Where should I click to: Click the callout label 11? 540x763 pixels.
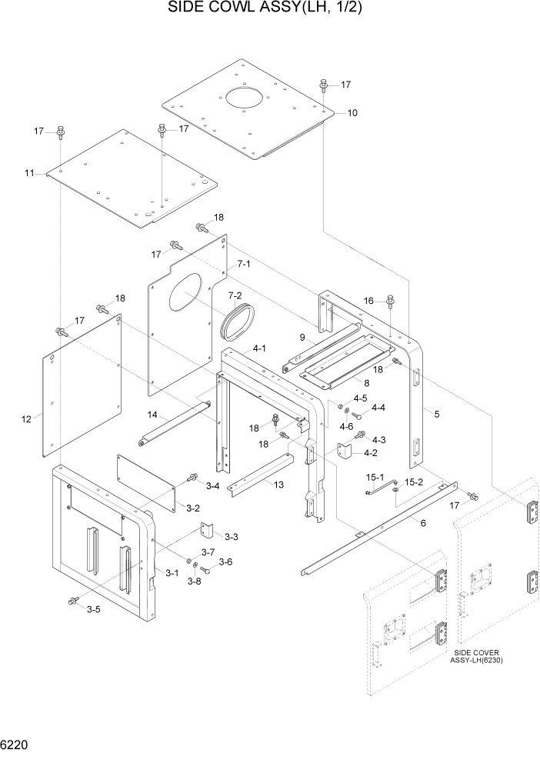click(x=29, y=174)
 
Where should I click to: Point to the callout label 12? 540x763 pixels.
click(x=27, y=419)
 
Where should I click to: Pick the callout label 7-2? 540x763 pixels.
click(x=235, y=295)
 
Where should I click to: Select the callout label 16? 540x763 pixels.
click(x=368, y=301)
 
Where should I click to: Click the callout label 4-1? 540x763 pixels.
click(x=258, y=348)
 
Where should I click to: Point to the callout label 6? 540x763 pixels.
click(x=422, y=522)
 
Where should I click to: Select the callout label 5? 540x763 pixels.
click(x=436, y=415)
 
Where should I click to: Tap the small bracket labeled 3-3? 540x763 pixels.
click(x=206, y=531)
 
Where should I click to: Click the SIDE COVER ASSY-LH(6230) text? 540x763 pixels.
click(x=482, y=656)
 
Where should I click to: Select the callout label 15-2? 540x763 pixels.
click(x=415, y=482)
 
